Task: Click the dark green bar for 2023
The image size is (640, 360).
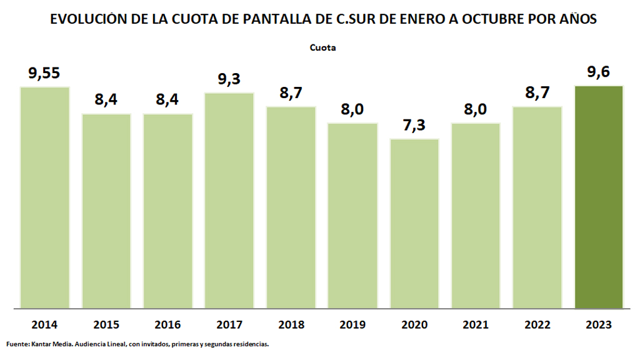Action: pos(599,197)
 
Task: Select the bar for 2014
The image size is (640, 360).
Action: pos(44,197)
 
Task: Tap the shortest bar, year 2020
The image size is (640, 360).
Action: pos(414,223)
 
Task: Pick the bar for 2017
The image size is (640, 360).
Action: pos(229,200)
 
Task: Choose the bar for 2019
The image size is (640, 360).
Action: pos(352,215)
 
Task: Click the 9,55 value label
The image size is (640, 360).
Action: pos(44,74)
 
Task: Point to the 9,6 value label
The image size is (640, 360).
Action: pos(598,72)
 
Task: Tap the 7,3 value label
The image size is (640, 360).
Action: pos(414,126)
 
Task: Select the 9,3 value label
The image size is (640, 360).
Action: pos(229,80)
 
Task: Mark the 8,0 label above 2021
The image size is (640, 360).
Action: pos(476,110)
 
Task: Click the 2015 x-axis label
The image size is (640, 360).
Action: pos(106,325)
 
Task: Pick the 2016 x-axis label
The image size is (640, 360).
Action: pos(167,325)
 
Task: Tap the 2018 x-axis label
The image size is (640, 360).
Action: pos(291,325)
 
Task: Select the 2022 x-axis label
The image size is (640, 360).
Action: pos(537,325)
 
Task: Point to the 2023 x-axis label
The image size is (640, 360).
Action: pos(599,325)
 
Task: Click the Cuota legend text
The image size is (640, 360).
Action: pos(323,47)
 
